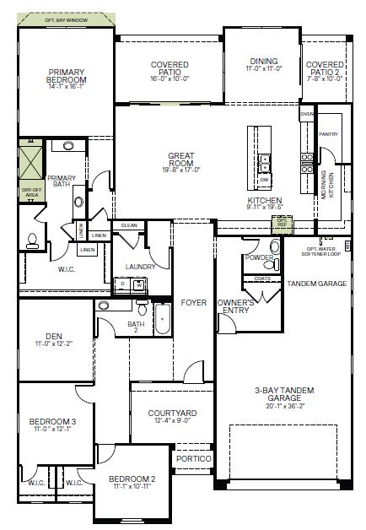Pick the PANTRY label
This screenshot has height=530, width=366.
[329, 133]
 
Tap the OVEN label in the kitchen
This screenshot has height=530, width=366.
[307, 113]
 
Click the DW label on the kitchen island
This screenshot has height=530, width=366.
[264, 181]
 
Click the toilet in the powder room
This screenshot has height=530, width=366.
[275, 247]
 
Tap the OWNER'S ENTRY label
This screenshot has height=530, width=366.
[237, 306]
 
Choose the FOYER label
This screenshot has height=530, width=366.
[193, 300]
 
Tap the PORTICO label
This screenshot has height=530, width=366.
[193, 458]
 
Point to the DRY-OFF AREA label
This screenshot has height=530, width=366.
[31, 192]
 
